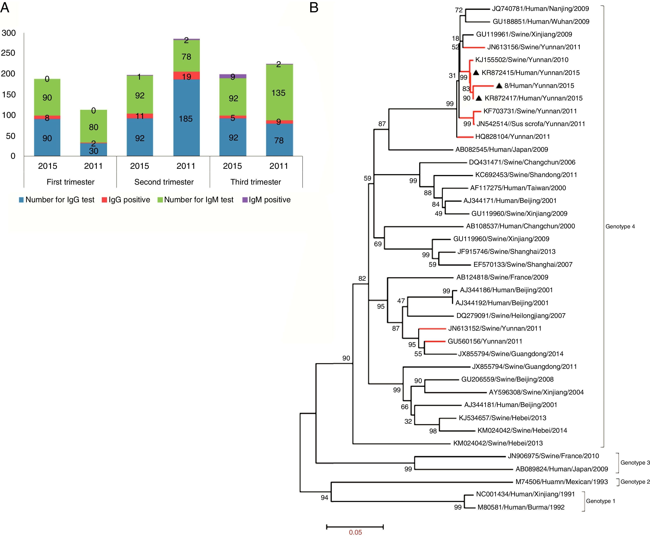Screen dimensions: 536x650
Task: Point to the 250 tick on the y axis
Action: (x=8, y=53)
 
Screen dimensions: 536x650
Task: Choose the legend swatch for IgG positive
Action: (x=104, y=200)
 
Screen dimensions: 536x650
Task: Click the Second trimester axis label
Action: (x=164, y=182)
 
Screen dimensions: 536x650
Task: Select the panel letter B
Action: (x=314, y=7)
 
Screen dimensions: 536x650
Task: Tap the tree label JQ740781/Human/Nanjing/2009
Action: (x=540, y=9)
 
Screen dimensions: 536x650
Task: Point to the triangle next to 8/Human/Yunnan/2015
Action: (x=499, y=85)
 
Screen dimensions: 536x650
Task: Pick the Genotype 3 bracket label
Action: (x=635, y=462)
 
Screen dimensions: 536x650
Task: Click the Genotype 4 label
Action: (x=620, y=226)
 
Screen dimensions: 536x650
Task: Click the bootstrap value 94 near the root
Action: (x=324, y=497)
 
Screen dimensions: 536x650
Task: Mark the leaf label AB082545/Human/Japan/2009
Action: (x=501, y=150)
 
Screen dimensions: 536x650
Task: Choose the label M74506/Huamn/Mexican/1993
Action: (x=561, y=482)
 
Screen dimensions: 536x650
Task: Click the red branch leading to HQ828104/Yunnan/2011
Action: (x=465, y=137)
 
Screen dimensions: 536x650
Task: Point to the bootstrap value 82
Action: (x=362, y=278)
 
